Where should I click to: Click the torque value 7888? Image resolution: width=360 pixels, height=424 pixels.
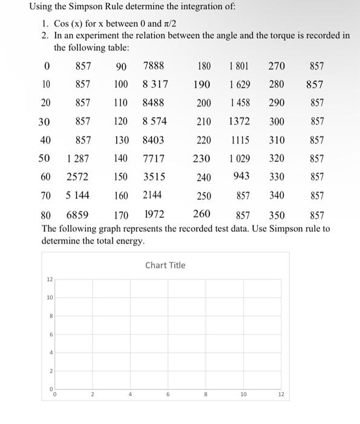point(154,65)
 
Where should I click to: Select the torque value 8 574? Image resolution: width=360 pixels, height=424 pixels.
point(155,121)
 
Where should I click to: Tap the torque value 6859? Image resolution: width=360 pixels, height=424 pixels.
point(77,215)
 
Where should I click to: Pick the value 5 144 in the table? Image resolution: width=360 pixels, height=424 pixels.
point(77,196)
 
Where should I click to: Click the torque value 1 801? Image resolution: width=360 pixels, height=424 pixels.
point(240,65)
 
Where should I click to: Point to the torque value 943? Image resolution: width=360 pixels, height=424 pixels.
point(242,177)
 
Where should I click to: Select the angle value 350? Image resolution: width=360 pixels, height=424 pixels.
point(277,215)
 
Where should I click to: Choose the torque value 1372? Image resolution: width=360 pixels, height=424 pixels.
point(240,121)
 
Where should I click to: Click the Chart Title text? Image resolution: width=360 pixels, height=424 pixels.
point(165,265)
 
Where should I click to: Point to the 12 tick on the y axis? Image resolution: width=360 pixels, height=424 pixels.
point(50,279)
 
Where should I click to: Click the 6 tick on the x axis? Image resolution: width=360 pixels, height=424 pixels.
point(168,394)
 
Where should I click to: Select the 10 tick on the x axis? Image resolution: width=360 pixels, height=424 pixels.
point(243,394)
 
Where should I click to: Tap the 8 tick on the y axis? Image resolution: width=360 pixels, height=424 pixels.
point(50,316)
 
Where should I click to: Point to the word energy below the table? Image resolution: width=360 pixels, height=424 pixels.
point(131,240)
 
